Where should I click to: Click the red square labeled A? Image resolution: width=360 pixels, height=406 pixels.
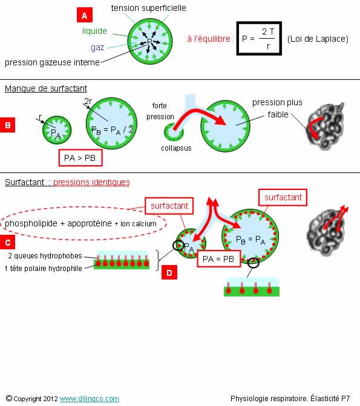point(85,15)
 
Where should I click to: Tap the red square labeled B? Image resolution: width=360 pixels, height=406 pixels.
point(7,125)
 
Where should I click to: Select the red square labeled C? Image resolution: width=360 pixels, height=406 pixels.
point(7,242)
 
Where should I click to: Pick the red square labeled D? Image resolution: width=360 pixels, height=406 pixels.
point(169,272)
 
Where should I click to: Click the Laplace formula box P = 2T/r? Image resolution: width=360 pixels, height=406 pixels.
point(259,38)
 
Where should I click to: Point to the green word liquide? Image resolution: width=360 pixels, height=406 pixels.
point(94,31)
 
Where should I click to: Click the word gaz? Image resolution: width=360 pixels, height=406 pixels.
point(97,48)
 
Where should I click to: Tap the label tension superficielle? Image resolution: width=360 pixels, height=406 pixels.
point(148,8)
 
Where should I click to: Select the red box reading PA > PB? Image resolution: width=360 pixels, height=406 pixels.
point(80,158)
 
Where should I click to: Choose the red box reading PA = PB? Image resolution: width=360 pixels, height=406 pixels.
point(218,259)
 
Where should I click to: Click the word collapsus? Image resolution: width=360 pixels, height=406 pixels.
point(176,148)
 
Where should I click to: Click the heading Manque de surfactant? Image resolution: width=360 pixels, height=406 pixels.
point(46,88)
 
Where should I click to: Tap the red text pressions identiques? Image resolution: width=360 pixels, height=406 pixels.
point(91,182)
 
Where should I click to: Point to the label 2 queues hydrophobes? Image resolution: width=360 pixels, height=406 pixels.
point(45,256)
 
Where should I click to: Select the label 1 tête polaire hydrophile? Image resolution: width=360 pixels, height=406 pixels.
point(43,269)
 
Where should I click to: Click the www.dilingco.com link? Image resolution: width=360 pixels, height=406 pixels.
point(90,399)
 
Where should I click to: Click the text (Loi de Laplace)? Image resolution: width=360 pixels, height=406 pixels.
point(318,39)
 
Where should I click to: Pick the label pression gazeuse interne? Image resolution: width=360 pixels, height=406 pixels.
point(52,62)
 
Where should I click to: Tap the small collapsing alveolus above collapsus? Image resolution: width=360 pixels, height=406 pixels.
point(174,132)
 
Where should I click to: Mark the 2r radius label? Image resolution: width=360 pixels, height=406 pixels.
point(88,101)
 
